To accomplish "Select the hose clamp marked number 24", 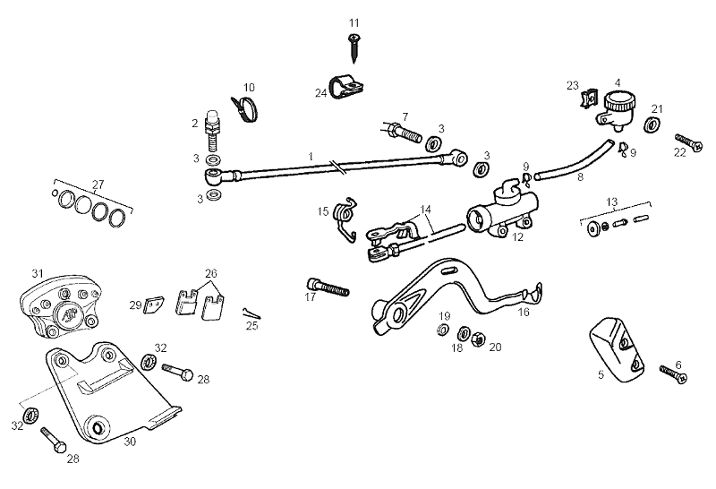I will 345,87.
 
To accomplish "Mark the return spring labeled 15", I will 345,218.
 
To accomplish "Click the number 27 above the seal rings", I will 98,184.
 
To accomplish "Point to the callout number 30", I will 129,441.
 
